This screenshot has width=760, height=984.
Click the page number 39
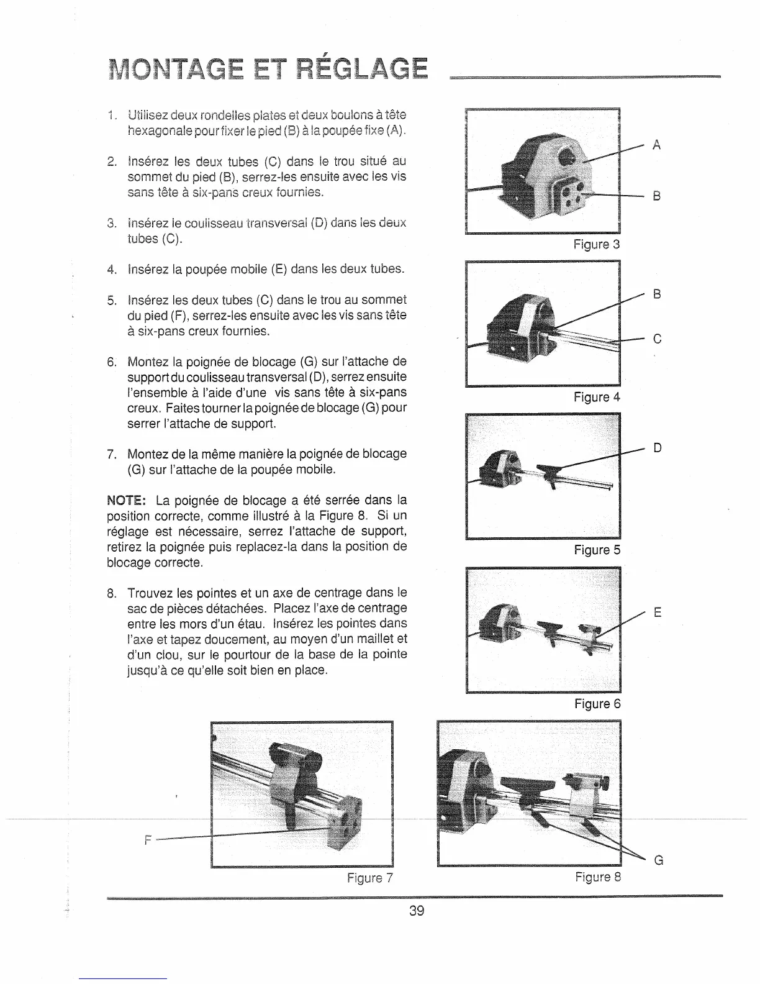click(416, 911)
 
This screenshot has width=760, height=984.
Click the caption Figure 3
click(597, 244)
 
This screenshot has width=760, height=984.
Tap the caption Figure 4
click(597, 396)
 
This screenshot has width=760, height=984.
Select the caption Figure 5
click(597, 550)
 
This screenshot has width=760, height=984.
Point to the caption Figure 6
click(597, 703)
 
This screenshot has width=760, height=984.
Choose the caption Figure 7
click(370, 878)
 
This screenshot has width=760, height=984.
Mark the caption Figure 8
click(597, 877)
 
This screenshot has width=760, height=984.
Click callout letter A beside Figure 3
click(656, 145)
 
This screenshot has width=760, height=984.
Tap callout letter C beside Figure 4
click(657, 339)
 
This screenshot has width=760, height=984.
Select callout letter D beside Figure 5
click(657, 447)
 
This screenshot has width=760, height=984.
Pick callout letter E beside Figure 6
click(657, 613)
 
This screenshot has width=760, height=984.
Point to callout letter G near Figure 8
click(658, 860)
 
